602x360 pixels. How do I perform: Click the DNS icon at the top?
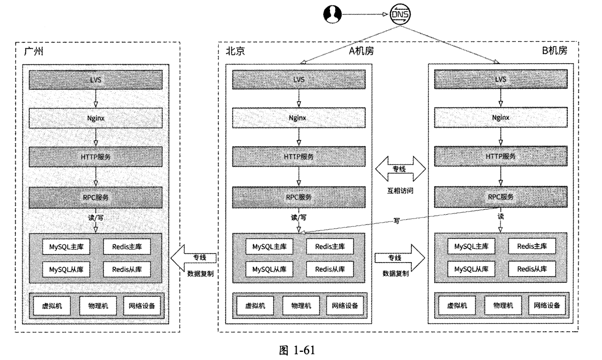[400, 15]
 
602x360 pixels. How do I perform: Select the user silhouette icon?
[332, 15]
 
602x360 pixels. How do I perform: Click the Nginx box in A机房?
[298, 118]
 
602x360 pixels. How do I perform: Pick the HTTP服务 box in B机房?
[501, 156]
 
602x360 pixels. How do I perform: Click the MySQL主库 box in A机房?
[269, 247]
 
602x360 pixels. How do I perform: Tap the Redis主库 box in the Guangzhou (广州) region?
[126, 247]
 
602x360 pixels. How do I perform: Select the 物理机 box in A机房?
[299, 305]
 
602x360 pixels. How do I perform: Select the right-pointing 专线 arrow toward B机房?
[400, 258]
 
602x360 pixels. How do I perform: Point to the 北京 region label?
[235, 51]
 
